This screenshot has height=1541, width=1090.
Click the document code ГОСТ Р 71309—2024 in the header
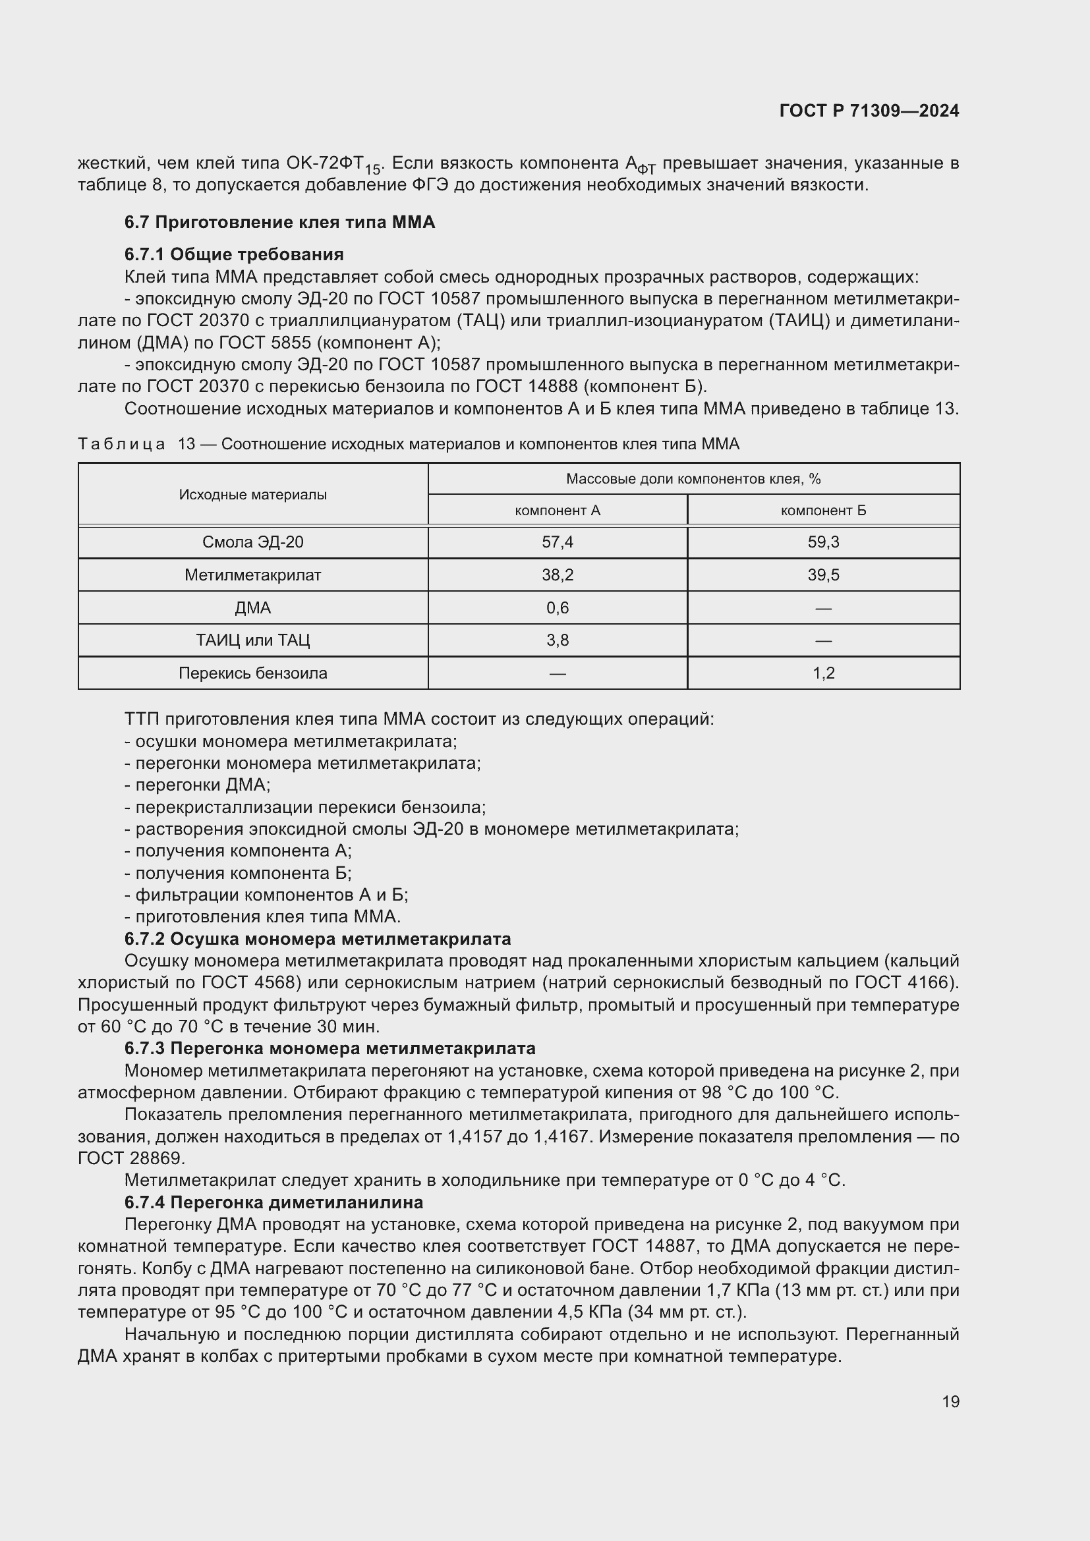click(869, 111)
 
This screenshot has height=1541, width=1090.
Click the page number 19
click(950, 1402)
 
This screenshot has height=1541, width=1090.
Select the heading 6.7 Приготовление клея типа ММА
click(280, 222)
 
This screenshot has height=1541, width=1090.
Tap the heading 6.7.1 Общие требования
click(234, 254)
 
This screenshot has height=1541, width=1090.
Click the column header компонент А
click(557, 510)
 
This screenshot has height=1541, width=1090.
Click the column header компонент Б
click(823, 510)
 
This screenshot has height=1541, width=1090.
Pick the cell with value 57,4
click(557, 542)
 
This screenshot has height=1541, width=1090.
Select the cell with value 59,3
click(823, 542)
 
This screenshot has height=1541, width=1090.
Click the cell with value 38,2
click(557, 575)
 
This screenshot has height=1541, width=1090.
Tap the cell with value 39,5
click(823, 575)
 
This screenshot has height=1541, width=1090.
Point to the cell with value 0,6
click(557, 608)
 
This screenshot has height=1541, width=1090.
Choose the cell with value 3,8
click(557, 640)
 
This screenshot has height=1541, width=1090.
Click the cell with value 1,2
click(823, 673)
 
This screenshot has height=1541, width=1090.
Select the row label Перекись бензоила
click(253, 673)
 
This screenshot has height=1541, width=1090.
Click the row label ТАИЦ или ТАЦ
click(253, 640)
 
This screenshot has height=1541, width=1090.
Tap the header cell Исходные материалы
click(253, 495)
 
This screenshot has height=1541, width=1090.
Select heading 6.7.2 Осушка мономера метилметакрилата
click(318, 939)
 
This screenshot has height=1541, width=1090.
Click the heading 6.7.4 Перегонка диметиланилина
click(274, 1202)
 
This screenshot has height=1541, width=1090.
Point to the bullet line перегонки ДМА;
click(198, 785)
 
